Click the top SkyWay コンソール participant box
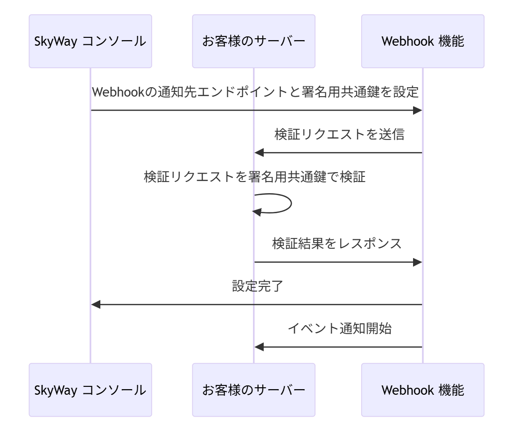(90, 41)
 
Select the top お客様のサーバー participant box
(253, 41)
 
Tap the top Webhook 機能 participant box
(422, 41)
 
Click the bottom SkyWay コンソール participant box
(90, 390)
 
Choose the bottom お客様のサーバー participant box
(253, 390)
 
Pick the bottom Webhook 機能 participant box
(422, 390)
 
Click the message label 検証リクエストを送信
(338, 135)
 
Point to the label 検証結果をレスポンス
(337, 244)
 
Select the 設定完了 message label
(256, 286)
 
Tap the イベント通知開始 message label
(339, 328)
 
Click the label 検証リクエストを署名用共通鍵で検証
(254, 177)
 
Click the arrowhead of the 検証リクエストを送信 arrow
(259, 153)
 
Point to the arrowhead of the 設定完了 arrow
(96, 305)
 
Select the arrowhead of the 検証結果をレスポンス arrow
(417, 262)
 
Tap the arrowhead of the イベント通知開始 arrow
(259, 347)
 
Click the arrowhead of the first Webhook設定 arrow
(417, 110)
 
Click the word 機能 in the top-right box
(451, 41)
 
